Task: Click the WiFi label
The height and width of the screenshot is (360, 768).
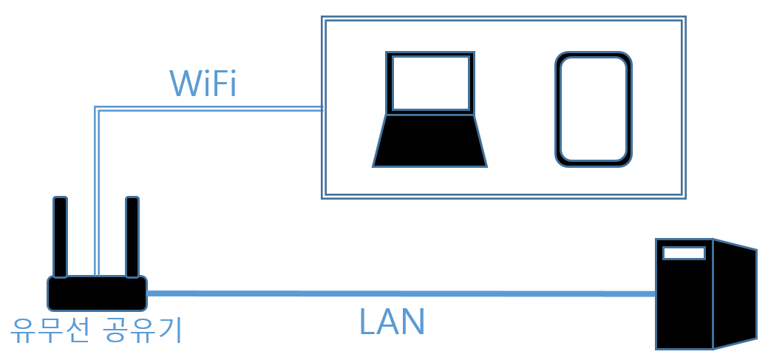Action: coord(203,84)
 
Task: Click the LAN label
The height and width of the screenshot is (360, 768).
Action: coord(392,322)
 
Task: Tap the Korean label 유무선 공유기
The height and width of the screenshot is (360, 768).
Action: coord(96,329)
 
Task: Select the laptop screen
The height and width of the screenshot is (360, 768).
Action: coord(430,83)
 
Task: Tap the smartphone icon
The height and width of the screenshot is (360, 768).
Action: coord(594,109)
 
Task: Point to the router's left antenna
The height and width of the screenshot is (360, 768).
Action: coord(60,237)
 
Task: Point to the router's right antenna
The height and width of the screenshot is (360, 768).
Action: coord(132,237)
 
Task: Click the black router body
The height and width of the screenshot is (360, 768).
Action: coord(97,293)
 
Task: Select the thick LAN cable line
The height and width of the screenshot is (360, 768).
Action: coord(399,293)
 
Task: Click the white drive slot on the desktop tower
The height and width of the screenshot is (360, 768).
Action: coord(684,253)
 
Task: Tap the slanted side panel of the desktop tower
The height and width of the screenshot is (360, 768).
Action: coord(735,294)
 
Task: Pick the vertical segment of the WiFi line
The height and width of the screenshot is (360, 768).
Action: coord(97,192)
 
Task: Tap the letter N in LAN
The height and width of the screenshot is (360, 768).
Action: coord(412,322)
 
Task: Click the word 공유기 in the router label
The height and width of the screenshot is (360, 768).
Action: coord(143,329)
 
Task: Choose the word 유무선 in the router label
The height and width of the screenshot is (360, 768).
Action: coord(50,329)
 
